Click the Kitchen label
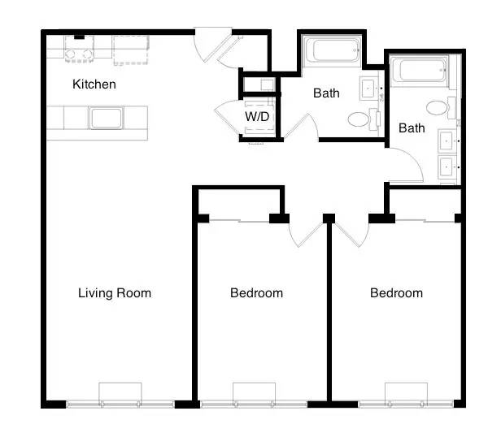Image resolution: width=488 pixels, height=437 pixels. click(x=94, y=84)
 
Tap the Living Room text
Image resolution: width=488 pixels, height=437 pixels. click(x=115, y=293)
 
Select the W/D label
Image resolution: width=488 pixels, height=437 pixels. click(x=257, y=116)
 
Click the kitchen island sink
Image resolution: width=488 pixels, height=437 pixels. click(x=106, y=118)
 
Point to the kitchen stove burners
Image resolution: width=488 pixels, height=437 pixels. click(x=80, y=54)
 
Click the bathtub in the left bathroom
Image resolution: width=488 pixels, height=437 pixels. click(x=333, y=51)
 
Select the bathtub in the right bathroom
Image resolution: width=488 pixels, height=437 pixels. click(x=419, y=70)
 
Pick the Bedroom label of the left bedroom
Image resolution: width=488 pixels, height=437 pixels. click(x=256, y=293)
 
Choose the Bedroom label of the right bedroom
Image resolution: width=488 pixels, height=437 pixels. click(x=397, y=293)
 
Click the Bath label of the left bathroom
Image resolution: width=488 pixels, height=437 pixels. click(x=326, y=93)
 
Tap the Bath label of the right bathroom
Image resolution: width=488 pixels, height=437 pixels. click(x=412, y=128)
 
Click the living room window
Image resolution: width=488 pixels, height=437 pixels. click(x=120, y=404)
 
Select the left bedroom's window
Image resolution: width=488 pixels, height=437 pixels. click(x=254, y=404)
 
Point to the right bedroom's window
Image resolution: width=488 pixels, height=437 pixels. click(x=406, y=404)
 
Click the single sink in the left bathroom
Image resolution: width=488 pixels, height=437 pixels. click(x=369, y=89)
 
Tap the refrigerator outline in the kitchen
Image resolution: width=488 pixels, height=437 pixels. click(x=131, y=50)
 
